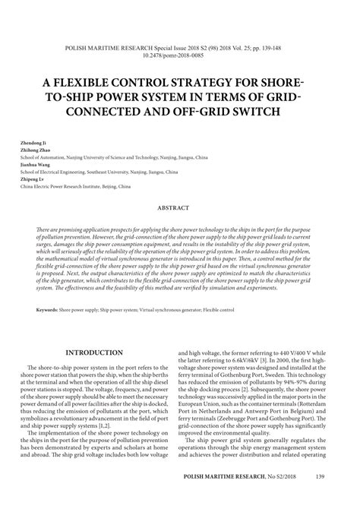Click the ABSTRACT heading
(x=179, y=207)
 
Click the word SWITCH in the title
(x=255, y=112)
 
